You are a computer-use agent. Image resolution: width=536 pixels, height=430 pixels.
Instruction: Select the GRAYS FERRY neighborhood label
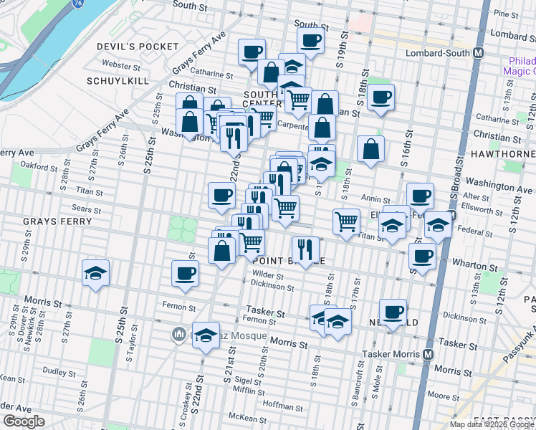57,221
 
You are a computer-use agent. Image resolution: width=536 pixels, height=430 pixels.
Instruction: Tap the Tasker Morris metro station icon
429,355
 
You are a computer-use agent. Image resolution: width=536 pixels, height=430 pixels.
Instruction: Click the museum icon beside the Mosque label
179,334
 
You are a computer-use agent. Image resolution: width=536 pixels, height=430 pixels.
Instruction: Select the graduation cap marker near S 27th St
95,273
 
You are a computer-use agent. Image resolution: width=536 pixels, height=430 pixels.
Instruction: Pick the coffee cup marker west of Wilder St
186,273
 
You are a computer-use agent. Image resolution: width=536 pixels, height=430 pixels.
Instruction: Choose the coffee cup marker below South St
310,40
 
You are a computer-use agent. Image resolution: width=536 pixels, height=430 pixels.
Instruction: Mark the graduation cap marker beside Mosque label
206,335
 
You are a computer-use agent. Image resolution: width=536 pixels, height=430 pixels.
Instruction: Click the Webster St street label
121,65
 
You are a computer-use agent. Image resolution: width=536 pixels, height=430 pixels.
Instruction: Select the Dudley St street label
54,371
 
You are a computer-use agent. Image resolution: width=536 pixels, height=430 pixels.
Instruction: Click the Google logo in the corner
24,421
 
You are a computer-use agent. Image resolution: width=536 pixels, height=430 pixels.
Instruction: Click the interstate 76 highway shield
77,4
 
